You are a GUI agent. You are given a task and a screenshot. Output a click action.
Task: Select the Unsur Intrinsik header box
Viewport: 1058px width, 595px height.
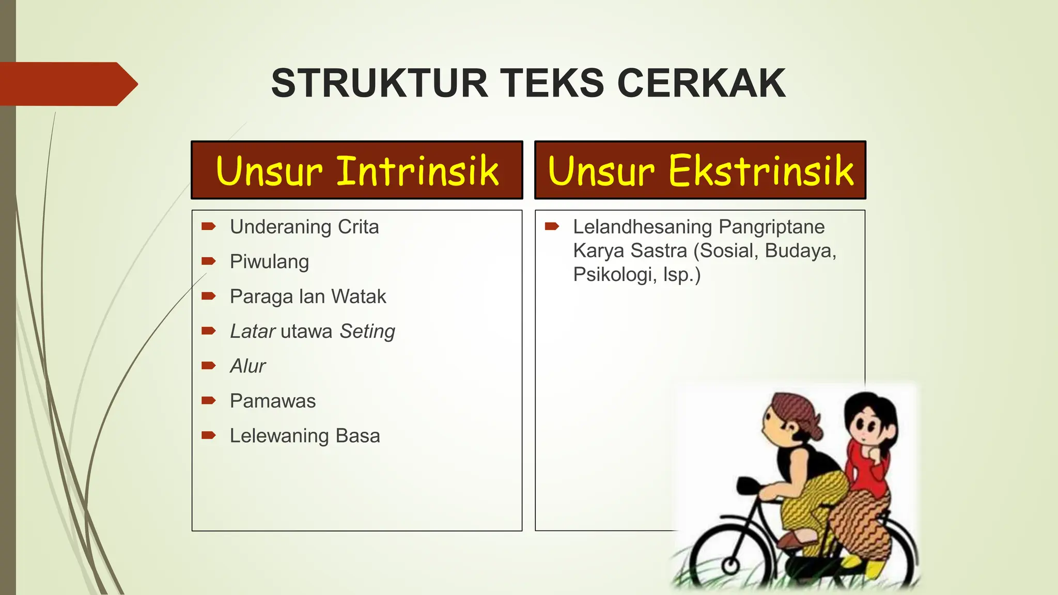(x=357, y=170)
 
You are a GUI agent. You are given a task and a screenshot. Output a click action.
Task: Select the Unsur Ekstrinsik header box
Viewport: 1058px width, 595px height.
(x=700, y=170)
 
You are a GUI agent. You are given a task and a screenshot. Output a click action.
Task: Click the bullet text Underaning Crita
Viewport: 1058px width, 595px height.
(x=304, y=227)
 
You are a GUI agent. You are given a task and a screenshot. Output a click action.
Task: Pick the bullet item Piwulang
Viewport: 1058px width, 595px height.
(x=269, y=261)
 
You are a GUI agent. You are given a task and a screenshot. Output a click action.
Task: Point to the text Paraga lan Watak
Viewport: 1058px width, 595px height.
(x=308, y=296)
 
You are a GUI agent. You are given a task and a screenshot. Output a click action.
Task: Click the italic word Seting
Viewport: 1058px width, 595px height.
(x=367, y=331)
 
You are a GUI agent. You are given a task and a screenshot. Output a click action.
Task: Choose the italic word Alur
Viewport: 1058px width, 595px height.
(x=248, y=366)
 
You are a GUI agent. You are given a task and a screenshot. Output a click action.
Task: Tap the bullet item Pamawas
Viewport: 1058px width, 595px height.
(x=273, y=401)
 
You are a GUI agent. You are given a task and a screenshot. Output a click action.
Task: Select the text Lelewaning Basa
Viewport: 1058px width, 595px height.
(x=305, y=435)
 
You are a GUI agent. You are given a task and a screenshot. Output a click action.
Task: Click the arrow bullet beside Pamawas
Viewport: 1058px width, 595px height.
(x=209, y=400)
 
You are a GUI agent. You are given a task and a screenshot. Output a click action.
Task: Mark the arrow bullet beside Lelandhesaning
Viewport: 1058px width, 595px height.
(x=552, y=226)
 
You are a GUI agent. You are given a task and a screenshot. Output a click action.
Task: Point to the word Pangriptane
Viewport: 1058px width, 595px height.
(x=772, y=227)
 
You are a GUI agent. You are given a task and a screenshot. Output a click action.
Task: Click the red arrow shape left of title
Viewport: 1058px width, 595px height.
(x=67, y=84)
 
